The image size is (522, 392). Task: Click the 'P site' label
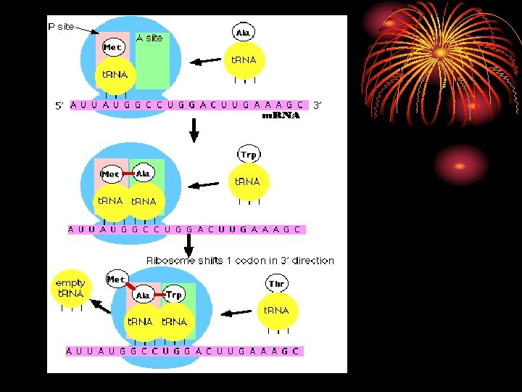tap(61, 26)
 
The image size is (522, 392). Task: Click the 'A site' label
tap(149, 38)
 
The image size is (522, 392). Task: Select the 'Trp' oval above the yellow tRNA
tap(249, 154)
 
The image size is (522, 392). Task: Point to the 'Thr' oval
tap(276, 283)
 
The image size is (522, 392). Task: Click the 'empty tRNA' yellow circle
tap(70, 288)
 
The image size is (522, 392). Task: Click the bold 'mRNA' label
tap(281, 115)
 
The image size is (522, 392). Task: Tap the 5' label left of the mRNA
tap(60, 105)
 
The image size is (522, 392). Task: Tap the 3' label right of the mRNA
tap(317, 105)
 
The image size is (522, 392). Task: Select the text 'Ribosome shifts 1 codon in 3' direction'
tap(240, 261)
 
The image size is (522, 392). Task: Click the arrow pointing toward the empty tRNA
tap(101, 306)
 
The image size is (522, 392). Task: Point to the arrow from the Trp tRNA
tap(207, 184)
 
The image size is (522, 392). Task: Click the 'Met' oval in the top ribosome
tap(112, 47)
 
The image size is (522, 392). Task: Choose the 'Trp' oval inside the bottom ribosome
tap(174, 295)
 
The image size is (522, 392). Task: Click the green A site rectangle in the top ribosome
tap(153, 65)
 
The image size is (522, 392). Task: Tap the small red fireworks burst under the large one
tap(461, 165)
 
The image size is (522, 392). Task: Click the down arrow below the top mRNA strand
tap(194, 128)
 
